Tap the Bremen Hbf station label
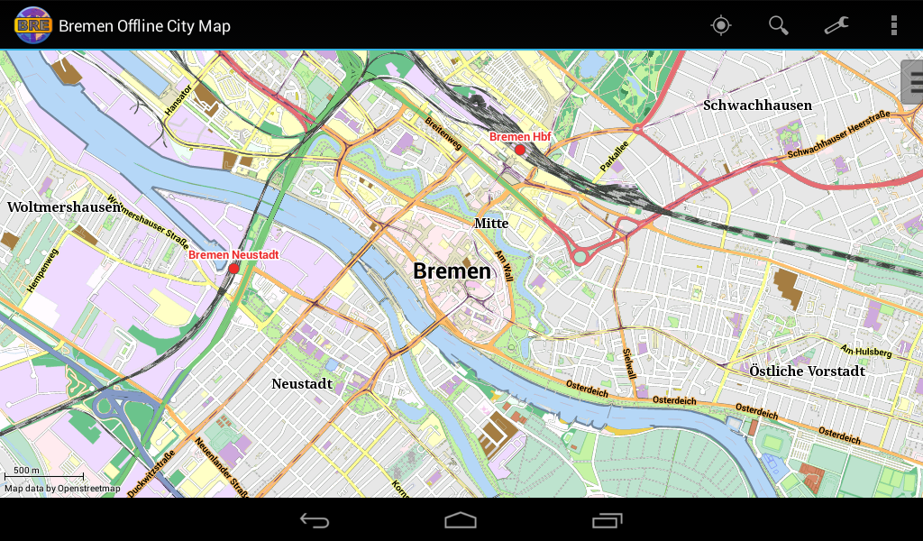[x=519, y=136]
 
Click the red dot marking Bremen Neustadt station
[x=233, y=269]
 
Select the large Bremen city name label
[x=452, y=270]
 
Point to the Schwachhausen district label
[x=757, y=105]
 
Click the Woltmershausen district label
[x=63, y=206]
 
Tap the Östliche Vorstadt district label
[x=807, y=371]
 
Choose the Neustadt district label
[x=302, y=383]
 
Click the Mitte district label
[x=491, y=223]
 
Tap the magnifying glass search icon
[x=778, y=25]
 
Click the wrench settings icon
[x=836, y=25]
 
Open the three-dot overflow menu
[x=893, y=25]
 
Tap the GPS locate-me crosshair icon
[x=720, y=25]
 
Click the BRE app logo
[x=32, y=25]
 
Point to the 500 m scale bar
[x=43, y=474]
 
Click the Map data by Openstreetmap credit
[x=62, y=489]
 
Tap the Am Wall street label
[x=504, y=267]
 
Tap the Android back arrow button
[x=315, y=520]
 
